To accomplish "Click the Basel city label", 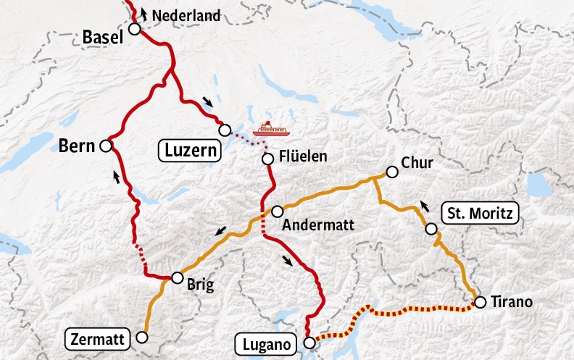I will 103,35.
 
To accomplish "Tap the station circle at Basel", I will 134,29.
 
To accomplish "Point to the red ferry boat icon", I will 270,130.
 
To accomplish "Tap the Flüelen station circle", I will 267,159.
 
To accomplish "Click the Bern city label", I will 77,147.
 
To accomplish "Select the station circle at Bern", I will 105,146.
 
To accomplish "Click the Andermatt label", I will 320,225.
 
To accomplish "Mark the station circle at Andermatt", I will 277,211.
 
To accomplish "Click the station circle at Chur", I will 392,172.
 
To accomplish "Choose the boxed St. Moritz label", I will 480,214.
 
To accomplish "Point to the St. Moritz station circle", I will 431,230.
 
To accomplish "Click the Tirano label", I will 512,302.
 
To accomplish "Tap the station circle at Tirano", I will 479,302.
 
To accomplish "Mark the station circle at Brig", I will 176,277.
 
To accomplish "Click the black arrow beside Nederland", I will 142,12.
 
